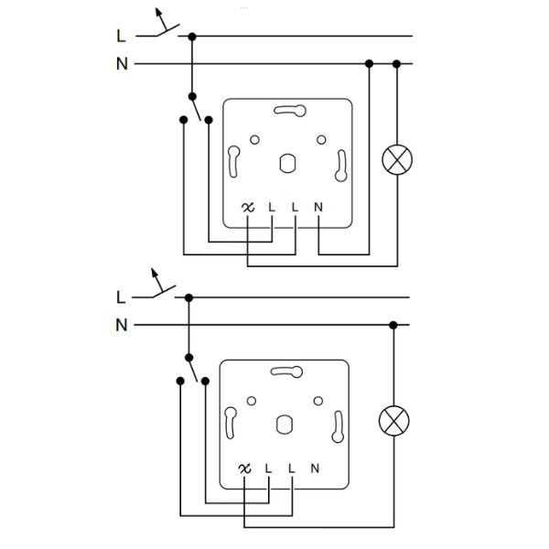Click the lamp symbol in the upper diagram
397,159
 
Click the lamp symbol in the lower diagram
393,421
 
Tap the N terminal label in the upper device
318,208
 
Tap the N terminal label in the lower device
315,468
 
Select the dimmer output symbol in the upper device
248,208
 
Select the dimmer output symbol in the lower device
244,468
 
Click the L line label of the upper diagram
121,36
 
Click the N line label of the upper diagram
122,64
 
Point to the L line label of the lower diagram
121,297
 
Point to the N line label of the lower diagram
122,325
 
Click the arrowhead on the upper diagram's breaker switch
158,12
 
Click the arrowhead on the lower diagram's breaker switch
154,273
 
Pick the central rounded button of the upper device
288,164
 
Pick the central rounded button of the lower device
285,425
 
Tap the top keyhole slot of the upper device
290,111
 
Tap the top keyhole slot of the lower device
286,371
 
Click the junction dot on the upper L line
192,37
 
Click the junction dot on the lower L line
188,298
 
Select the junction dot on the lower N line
393,325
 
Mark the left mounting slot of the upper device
233,161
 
